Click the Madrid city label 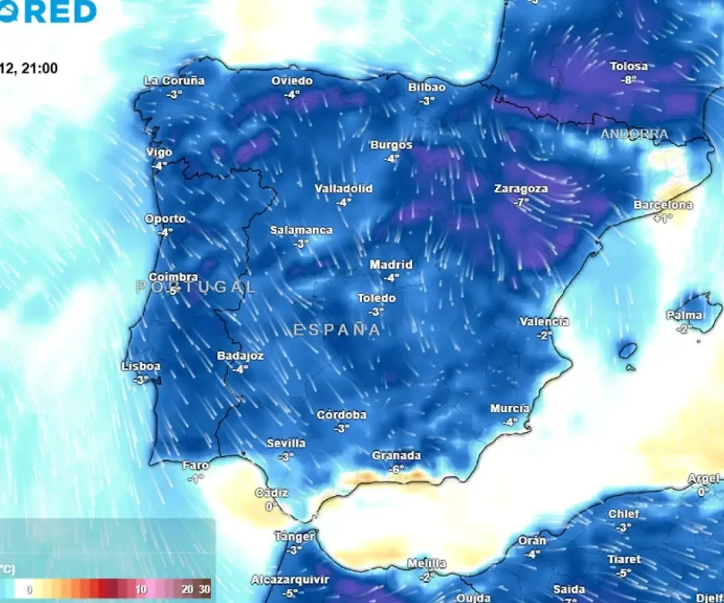point(391,265)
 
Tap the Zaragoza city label point(521,189)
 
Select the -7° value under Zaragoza point(521,201)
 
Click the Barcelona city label point(663,205)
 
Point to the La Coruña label point(174,81)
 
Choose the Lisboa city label point(141,366)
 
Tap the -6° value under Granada point(396,469)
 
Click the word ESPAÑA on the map point(337,330)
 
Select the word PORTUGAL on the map point(196,287)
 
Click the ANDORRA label point(634,134)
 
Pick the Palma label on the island point(684,315)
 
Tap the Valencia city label point(544,322)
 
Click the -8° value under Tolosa point(629,79)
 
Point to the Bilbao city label point(427,88)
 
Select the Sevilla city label point(286,444)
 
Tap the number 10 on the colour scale point(141,590)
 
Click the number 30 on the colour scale point(204,590)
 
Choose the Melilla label point(427,563)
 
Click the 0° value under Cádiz point(271,507)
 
